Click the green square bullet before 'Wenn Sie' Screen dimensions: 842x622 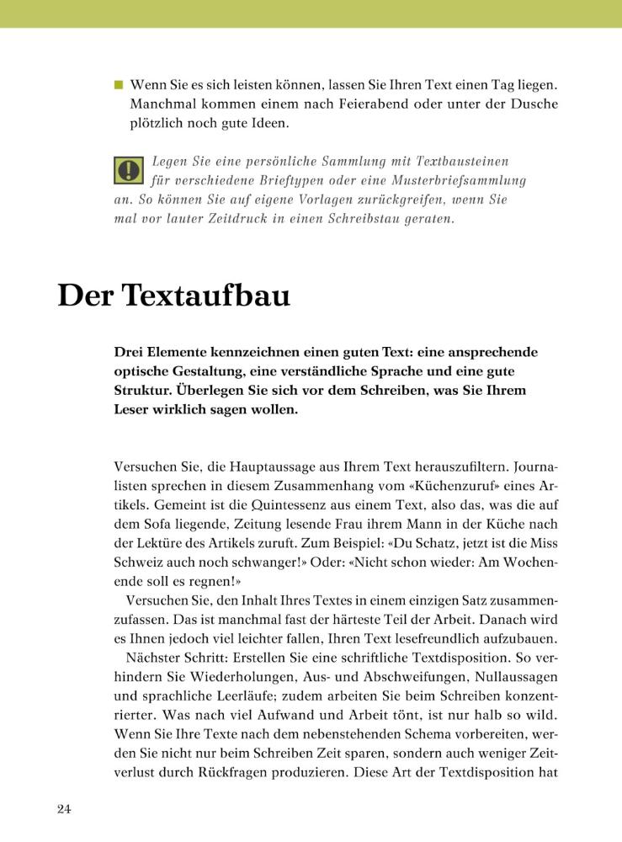(119, 85)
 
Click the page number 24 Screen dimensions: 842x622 (65, 809)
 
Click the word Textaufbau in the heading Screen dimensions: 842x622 (205, 296)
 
